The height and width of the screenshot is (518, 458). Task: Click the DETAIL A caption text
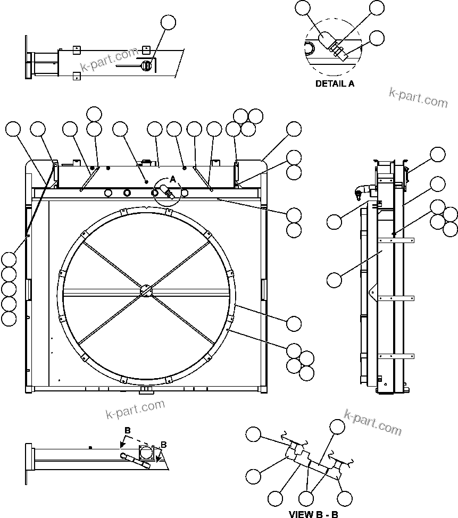click(335, 83)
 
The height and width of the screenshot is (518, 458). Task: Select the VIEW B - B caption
click(313, 514)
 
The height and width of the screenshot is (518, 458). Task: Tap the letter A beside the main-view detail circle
click(172, 180)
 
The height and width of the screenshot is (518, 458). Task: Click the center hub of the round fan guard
click(146, 291)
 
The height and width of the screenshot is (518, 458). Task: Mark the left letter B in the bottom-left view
click(127, 430)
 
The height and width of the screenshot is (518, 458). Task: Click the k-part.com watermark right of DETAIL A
click(418, 97)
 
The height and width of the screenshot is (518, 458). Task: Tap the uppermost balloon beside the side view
click(438, 154)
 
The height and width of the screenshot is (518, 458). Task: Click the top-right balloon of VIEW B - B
click(337, 427)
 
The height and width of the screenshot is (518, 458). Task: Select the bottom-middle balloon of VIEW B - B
click(306, 498)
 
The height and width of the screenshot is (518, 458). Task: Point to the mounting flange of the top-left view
click(27, 57)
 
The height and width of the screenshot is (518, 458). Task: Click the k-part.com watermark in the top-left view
click(109, 59)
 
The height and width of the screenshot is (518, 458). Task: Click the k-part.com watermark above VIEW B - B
click(373, 422)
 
